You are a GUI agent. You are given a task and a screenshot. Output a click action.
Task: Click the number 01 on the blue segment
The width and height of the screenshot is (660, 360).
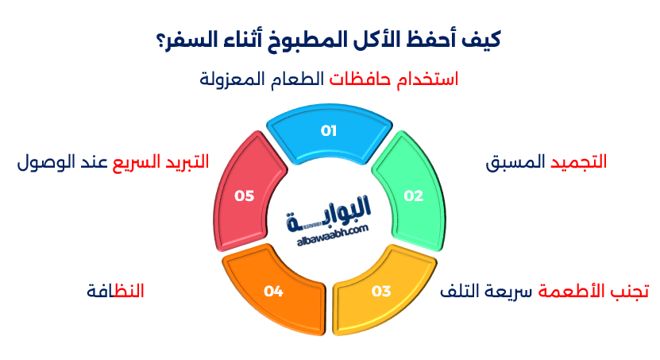coord(329,131)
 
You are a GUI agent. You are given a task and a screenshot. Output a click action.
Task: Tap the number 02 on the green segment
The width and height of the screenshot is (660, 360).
coord(414,195)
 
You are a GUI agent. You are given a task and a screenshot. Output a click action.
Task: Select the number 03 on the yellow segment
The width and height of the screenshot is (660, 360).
coord(381,291)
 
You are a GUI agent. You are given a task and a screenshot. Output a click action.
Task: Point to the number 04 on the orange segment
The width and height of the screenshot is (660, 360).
coord(274,292)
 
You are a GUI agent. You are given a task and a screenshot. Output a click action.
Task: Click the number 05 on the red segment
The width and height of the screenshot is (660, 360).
coord(245,195)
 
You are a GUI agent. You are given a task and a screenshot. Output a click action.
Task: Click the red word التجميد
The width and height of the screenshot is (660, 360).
coord(578,162)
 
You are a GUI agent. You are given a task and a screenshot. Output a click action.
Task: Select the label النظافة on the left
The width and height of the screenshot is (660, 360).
coord(115,291)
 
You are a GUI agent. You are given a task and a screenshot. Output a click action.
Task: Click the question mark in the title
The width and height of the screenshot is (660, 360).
coord(158,38)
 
